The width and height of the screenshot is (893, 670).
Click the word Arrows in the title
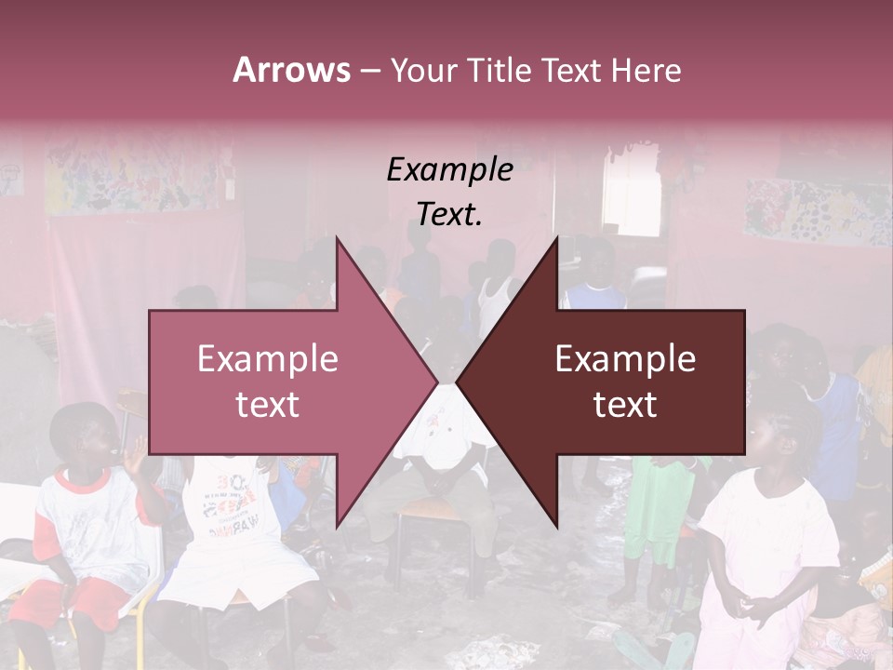click(x=291, y=70)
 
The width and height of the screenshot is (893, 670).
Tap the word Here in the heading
click(x=646, y=71)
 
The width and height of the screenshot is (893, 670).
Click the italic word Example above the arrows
click(x=449, y=170)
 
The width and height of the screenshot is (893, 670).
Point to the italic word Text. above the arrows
click(x=449, y=215)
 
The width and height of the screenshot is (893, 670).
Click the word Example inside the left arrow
click(x=267, y=359)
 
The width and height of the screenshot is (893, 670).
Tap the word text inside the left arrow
click(x=267, y=405)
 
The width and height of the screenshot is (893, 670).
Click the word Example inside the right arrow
click(x=625, y=359)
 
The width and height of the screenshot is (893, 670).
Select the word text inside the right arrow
click(x=625, y=405)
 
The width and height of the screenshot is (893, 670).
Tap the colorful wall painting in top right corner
click(x=819, y=209)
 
